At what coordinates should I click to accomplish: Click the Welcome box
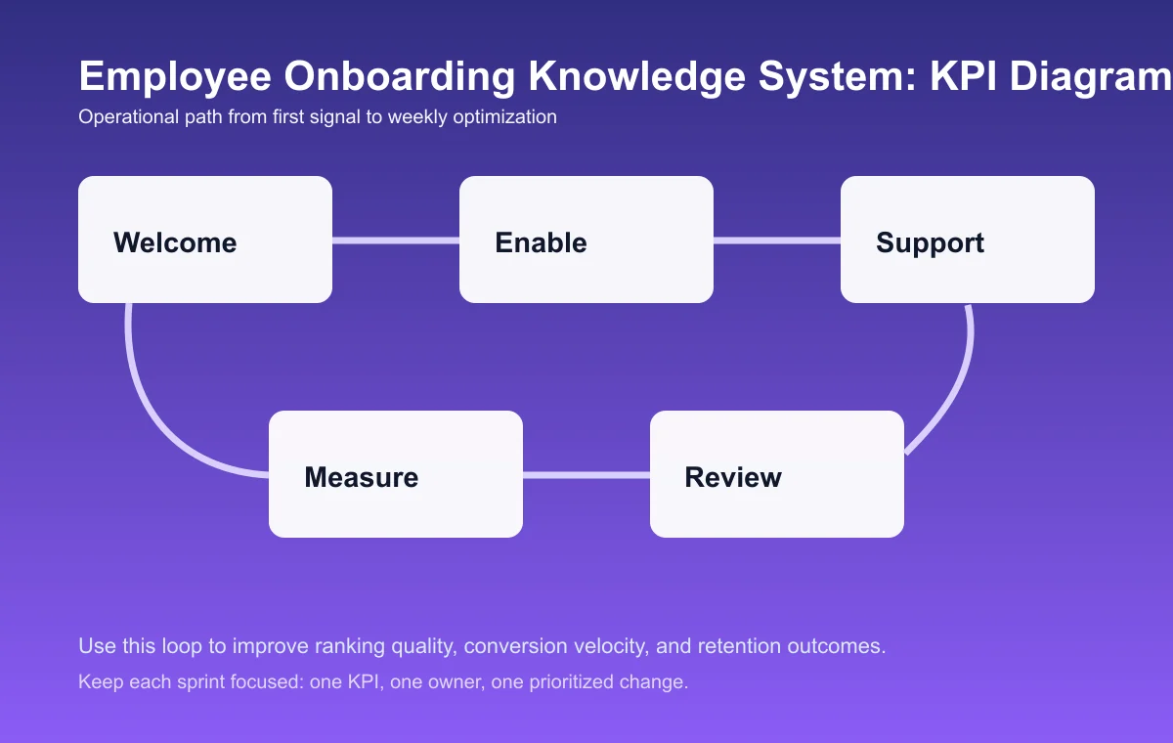pos(205,240)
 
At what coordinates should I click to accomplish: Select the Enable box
pos(586,240)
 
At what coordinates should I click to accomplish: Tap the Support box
pos(968,240)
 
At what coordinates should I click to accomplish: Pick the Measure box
pos(396,474)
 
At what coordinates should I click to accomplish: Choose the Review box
pos(777,474)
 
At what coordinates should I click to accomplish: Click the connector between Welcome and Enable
pos(396,240)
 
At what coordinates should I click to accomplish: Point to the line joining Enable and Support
pos(777,240)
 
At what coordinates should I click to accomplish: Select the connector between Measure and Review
pos(586,475)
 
